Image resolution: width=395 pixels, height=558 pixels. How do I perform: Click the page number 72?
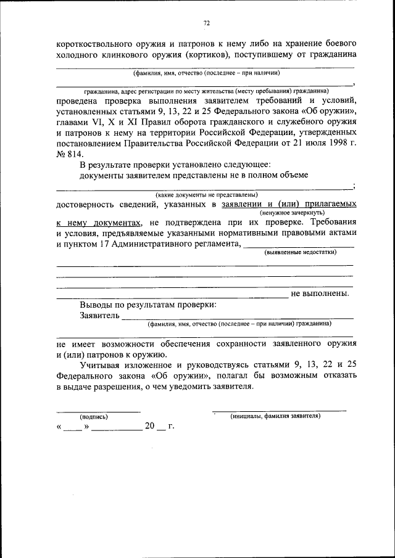207,23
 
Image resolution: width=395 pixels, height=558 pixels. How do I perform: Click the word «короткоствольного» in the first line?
93,45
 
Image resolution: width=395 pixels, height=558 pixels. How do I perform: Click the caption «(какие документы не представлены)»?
206,194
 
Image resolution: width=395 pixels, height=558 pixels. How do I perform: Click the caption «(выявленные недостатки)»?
301,252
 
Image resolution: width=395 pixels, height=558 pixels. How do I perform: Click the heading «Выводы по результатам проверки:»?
148,305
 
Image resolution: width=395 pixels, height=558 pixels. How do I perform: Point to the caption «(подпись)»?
94,416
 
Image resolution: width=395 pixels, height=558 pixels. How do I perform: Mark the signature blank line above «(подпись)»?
98,411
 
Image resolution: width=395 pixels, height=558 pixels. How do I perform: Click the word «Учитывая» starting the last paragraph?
101,365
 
